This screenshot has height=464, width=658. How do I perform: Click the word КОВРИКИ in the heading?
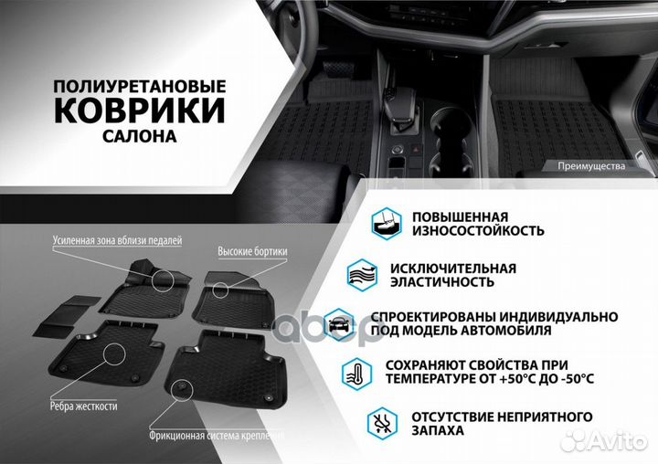click(x=140, y=111)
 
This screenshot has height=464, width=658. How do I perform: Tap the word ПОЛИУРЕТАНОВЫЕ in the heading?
click(x=139, y=85)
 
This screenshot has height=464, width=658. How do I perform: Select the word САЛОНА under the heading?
click(x=140, y=136)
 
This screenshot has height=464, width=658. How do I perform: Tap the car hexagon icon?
click(x=339, y=322)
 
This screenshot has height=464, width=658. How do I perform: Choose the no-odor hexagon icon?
click(x=383, y=422)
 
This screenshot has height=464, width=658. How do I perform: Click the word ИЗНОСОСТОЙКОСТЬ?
click(x=478, y=231)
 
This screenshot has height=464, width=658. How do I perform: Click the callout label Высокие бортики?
click(x=252, y=251)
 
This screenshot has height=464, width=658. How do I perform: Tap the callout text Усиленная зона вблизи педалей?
click(x=116, y=240)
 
